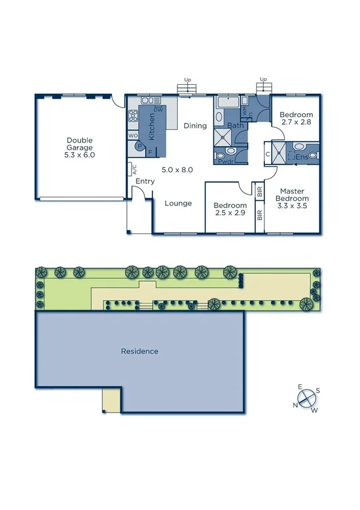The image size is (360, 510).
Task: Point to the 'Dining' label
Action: (195, 126)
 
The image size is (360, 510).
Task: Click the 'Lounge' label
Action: (178, 203)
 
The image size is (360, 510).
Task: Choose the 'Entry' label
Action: (145, 181)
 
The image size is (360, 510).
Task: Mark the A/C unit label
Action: (134, 169)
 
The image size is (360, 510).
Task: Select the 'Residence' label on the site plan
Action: (139, 351)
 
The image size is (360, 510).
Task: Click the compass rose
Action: (307, 398)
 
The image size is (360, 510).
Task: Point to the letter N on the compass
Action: (296, 405)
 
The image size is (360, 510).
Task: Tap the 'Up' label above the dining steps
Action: (188, 79)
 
